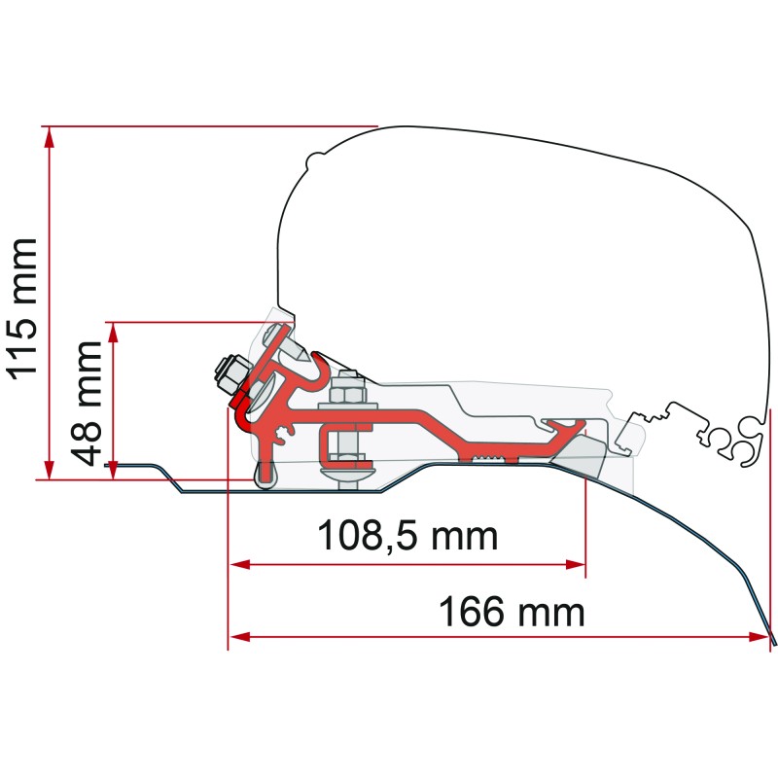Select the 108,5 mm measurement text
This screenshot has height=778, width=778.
tap(407, 534)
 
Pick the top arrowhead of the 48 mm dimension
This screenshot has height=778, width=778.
tap(114, 331)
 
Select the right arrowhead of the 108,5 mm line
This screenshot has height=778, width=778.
tap(578, 563)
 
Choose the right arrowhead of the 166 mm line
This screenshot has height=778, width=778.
tap(760, 638)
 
